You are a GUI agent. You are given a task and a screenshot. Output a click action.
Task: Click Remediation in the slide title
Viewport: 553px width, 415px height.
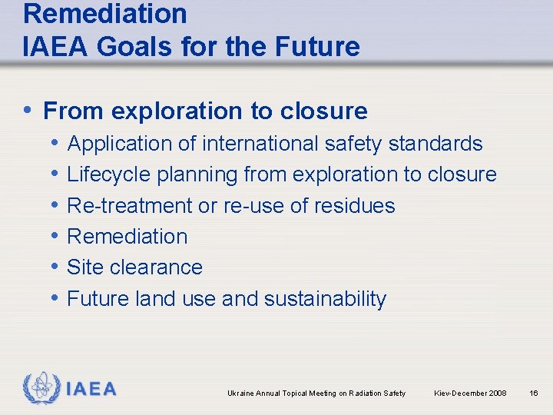[105, 13]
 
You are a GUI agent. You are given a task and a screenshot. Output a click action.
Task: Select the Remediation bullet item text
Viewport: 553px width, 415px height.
[127, 236]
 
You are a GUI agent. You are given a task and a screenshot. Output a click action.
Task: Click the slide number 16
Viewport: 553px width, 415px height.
[534, 393]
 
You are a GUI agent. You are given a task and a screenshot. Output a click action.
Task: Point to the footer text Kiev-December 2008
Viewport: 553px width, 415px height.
[470, 393]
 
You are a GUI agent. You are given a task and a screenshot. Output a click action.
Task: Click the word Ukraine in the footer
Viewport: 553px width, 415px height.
[240, 393]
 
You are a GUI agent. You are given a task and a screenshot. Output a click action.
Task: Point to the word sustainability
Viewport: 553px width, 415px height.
[325, 298]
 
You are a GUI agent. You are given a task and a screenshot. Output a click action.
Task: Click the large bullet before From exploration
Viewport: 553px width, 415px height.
[29, 111]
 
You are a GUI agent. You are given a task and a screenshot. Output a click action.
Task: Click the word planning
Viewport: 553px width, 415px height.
[197, 175]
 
